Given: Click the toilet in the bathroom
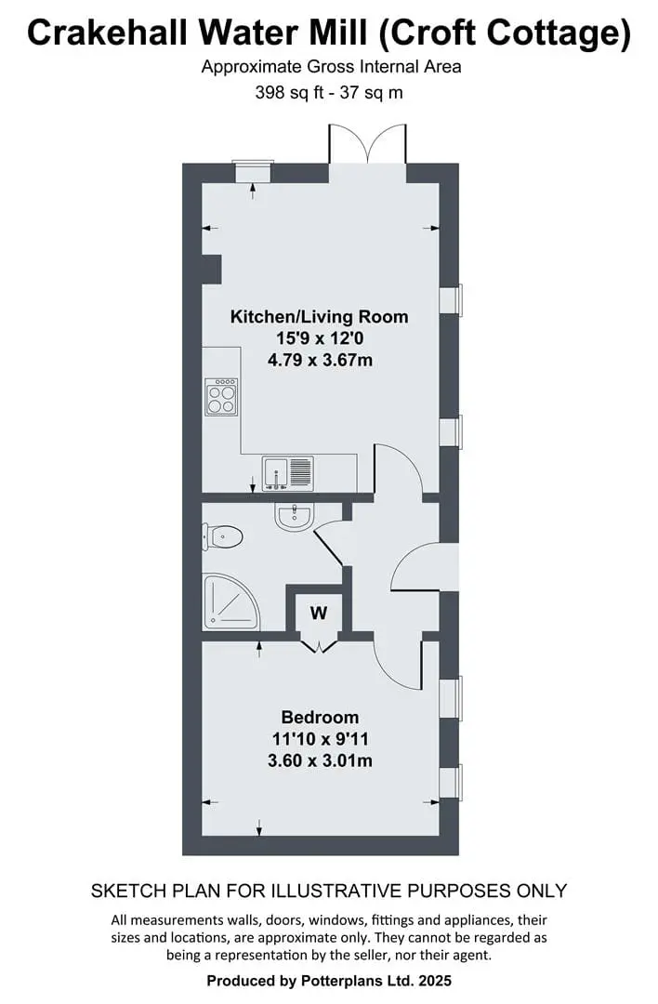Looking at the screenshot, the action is point(222,536).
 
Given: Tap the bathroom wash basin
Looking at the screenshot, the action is point(295,516).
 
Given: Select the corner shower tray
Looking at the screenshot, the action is point(230,601).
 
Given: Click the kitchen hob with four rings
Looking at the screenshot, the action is point(221,397).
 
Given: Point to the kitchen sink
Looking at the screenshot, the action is point(287,472).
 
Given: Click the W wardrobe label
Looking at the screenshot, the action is point(319,613).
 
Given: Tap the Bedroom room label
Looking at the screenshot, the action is point(320,717).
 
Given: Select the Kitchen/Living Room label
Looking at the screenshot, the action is point(319,316).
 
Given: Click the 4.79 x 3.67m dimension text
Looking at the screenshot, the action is point(320,360).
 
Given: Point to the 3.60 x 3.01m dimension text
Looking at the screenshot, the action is point(320,760).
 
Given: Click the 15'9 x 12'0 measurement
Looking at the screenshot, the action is point(320,338).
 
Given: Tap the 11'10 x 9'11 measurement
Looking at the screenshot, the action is point(320,739).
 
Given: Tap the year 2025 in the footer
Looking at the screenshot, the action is point(435,981).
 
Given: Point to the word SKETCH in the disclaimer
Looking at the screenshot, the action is point(122,891).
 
